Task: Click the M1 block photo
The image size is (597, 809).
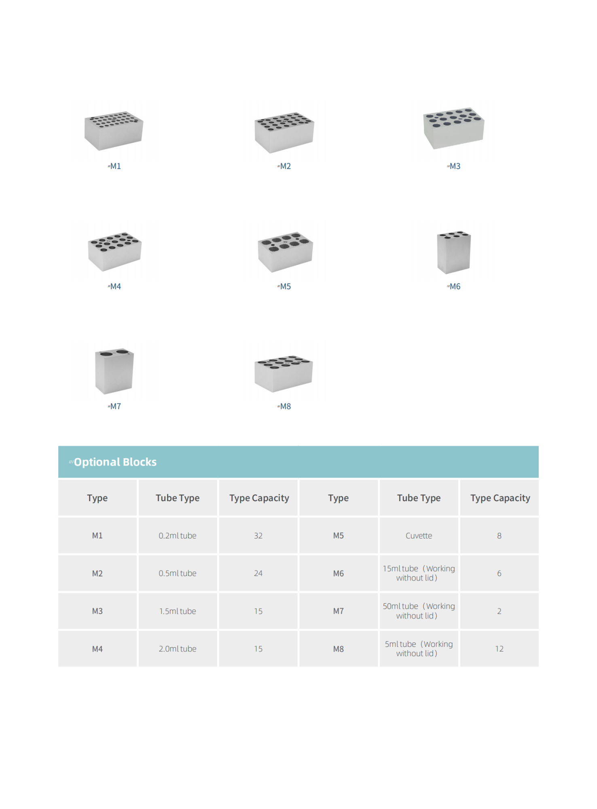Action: (x=114, y=130)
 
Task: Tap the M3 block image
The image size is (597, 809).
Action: (x=453, y=128)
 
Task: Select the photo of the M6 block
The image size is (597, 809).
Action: (x=454, y=252)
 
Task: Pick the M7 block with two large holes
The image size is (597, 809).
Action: (x=114, y=371)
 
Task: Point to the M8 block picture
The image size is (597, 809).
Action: (x=284, y=373)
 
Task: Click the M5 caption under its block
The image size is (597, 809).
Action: (x=284, y=286)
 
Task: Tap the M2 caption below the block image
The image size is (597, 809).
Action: (x=284, y=166)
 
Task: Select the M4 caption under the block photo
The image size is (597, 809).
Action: (x=114, y=286)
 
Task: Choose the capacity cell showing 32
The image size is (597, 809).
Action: (x=258, y=536)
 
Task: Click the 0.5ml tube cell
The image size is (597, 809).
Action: (x=178, y=573)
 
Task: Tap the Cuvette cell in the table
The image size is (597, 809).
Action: (x=419, y=536)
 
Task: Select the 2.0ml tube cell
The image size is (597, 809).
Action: (x=178, y=649)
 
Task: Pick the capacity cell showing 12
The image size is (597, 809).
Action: (x=500, y=649)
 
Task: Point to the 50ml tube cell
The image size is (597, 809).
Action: (x=419, y=611)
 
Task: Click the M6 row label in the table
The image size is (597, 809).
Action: (x=339, y=573)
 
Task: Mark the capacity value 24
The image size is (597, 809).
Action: (x=258, y=573)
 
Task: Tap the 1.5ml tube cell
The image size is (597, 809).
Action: (x=178, y=611)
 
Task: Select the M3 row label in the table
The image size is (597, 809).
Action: (x=97, y=611)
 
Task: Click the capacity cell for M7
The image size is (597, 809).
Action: (x=500, y=611)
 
